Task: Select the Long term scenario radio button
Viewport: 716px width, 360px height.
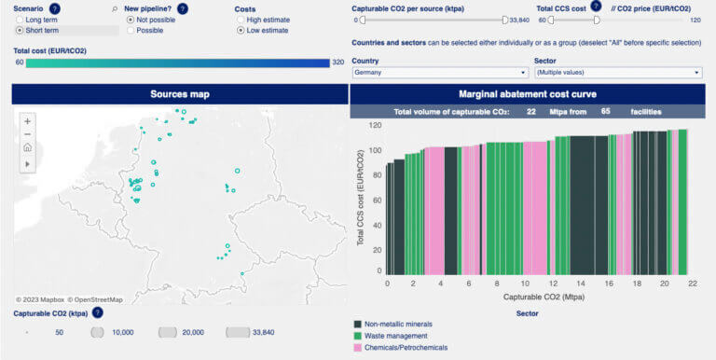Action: pyautogui.click(x=20, y=20)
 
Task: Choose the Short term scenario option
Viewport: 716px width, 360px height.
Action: pyautogui.click(x=20, y=31)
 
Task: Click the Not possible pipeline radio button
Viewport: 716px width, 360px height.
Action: pyautogui.click(x=130, y=20)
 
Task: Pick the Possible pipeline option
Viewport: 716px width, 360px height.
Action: pyautogui.click(x=130, y=31)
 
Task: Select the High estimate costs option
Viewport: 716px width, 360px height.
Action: pyautogui.click(x=240, y=20)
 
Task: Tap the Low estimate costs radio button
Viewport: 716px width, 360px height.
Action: pyautogui.click(x=240, y=31)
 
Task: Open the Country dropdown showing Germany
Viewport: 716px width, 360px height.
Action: pyautogui.click(x=440, y=73)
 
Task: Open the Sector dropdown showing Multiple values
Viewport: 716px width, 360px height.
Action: pyautogui.click(x=617, y=73)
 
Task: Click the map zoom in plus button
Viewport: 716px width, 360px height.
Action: pyautogui.click(x=28, y=121)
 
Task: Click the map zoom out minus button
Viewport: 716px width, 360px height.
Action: pyautogui.click(x=28, y=134)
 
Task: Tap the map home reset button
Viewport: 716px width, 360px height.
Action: pyautogui.click(x=28, y=147)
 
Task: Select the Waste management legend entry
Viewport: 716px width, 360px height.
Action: pyautogui.click(x=395, y=336)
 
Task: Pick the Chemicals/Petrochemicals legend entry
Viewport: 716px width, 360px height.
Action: pyautogui.click(x=405, y=348)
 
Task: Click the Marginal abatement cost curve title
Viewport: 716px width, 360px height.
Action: pyautogui.click(x=527, y=94)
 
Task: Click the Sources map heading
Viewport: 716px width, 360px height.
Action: pyautogui.click(x=180, y=94)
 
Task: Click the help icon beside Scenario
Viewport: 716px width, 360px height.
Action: pyautogui.click(x=54, y=8)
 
